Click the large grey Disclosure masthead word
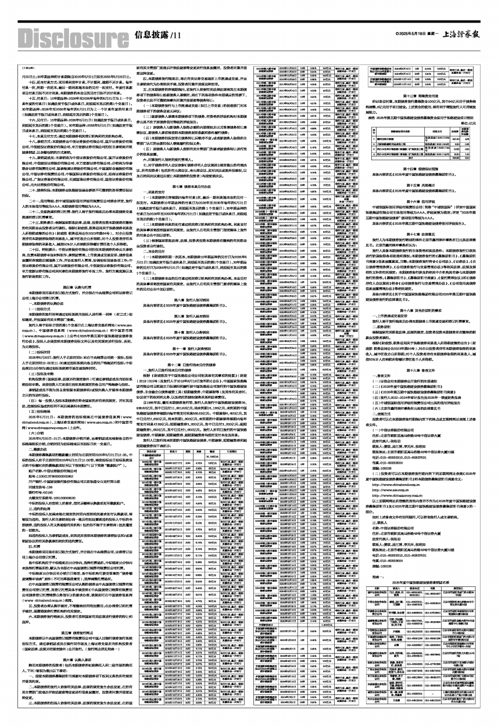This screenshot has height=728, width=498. click(62, 35)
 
